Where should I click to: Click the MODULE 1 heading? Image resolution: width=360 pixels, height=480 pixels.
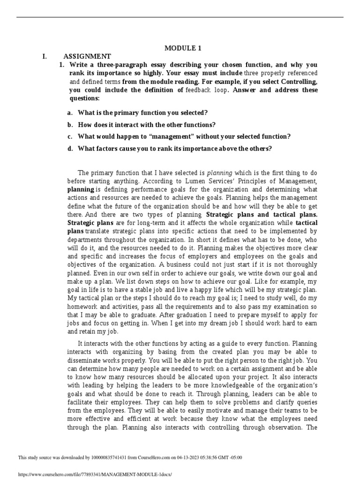pyautogui.click(x=180, y=48)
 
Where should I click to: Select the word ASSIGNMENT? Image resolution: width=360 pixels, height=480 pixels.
pyautogui.click(x=88, y=56)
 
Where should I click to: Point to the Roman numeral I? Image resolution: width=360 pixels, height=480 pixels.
pyautogui.click(x=44, y=56)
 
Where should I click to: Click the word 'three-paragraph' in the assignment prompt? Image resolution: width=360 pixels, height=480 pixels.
pyautogui.click(x=111, y=65)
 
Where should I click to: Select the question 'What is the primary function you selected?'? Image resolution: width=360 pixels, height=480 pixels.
pyautogui.click(x=142, y=113)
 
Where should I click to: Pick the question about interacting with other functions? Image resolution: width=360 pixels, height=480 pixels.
pyautogui.click(x=146, y=125)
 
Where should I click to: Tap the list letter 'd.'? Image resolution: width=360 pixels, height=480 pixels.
pyautogui.click(x=70, y=149)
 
